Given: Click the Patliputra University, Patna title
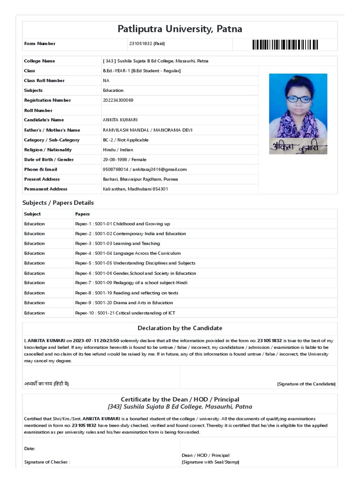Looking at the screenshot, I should [x=180, y=30].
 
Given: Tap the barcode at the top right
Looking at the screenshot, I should [x=285, y=45].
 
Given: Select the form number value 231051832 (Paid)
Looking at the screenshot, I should [x=147, y=44].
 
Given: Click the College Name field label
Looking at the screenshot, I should [x=39, y=61].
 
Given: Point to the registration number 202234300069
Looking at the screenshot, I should [x=118, y=100].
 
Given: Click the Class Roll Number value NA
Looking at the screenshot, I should [x=106, y=81].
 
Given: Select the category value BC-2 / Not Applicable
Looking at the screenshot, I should [x=126, y=140].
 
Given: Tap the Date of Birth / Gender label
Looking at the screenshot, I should [x=49, y=159].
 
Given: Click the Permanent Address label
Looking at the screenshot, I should [x=45, y=189].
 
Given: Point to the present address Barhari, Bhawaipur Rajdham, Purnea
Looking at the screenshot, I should [x=140, y=179].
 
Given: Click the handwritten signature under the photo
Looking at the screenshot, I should [x=298, y=146].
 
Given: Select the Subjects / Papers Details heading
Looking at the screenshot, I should [x=58, y=203].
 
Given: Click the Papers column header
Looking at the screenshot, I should [x=82, y=214].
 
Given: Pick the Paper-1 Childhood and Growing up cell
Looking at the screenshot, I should [x=122, y=224].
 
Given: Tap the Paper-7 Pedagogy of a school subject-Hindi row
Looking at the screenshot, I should [x=131, y=283].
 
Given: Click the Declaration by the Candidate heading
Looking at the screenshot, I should [x=180, y=328].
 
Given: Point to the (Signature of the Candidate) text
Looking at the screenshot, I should [x=306, y=384].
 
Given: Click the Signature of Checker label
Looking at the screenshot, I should [x=47, y=462].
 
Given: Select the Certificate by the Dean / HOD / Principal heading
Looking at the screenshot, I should [x=180, y=399].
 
